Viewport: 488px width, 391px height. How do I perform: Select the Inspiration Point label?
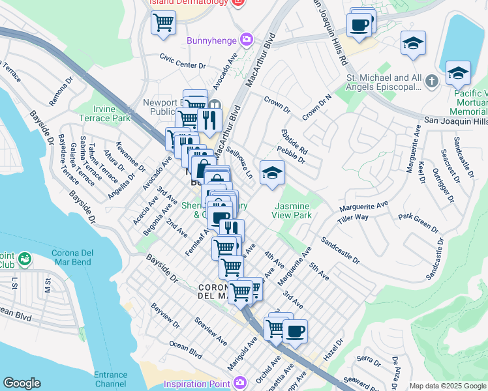[197, 383]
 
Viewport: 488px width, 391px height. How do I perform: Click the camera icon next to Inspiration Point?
[239, 383]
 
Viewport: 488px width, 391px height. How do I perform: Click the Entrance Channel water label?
[110, 379]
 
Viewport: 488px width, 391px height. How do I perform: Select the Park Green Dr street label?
[418, 222]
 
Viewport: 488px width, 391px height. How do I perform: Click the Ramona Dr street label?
[61, 92]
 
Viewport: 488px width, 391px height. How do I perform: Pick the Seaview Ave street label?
[211, 331]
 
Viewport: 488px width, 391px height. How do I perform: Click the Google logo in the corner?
[22, 383]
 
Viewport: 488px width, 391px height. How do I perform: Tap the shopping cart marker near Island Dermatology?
[163, 23]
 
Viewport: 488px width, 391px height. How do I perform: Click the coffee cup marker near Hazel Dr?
[295, 331]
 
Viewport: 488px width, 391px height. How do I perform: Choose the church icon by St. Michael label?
[431, 82]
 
